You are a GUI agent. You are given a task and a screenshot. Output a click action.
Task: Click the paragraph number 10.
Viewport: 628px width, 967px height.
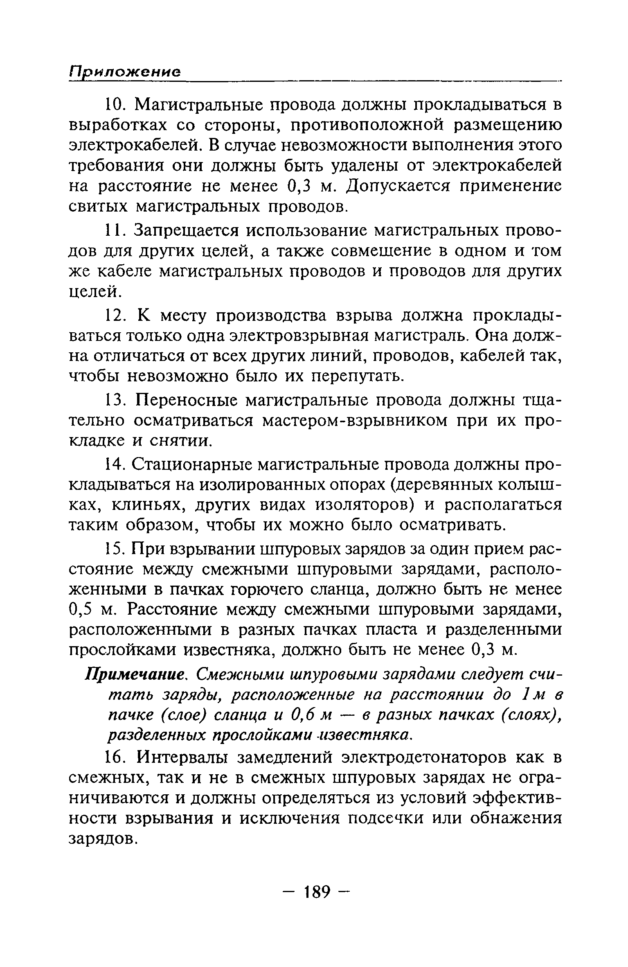coord(115,106)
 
